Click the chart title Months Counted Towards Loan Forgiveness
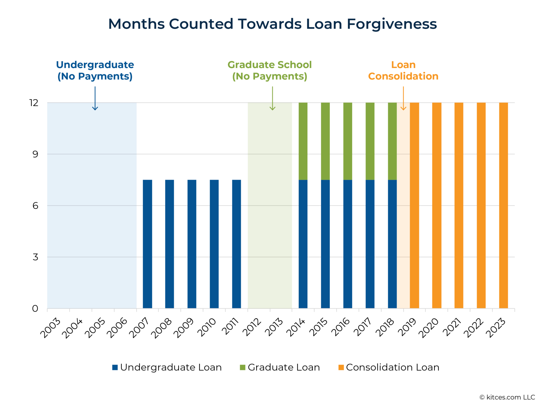tap(272, 24)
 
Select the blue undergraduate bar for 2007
tap(147, 244)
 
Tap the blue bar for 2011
tap(237, 244)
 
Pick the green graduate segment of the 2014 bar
tap(303, 141)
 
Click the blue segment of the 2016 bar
tap(348, 244)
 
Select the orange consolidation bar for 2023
tap(504, 206)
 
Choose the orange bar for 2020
tap(437, 206)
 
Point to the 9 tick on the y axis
tap(35, 154)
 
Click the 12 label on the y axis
tap(34, 103)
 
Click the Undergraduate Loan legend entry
tap(167, 367)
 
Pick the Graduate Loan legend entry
tap(280, 367)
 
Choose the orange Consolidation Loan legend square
tap(341, 367)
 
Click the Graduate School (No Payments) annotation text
tap(270, 71)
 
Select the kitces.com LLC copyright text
tap(507, 397)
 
